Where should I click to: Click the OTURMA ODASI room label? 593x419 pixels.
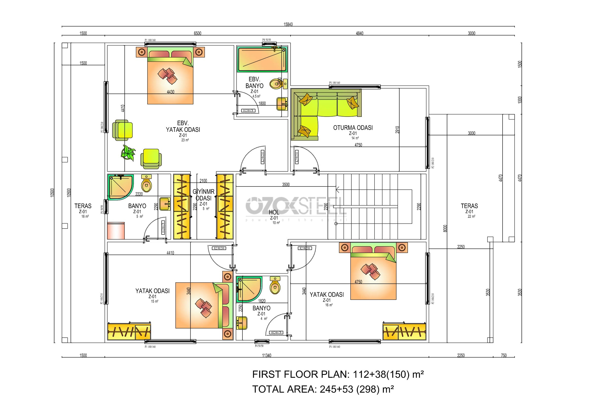(353, 128)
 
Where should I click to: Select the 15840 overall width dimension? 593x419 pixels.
(288, 25)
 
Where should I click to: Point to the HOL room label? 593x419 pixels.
(274, 212)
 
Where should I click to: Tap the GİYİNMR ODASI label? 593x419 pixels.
(204, 195)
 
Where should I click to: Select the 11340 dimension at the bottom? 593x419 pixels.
(266, 355)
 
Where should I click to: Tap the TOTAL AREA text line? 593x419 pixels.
(323, 389)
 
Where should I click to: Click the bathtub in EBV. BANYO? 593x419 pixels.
(262, 59)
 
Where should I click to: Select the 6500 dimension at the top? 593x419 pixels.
(197, 33)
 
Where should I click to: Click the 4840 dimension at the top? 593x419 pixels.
(359, 33)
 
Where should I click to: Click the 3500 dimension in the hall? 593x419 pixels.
(286, 185)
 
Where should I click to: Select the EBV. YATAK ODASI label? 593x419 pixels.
(183, 127)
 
